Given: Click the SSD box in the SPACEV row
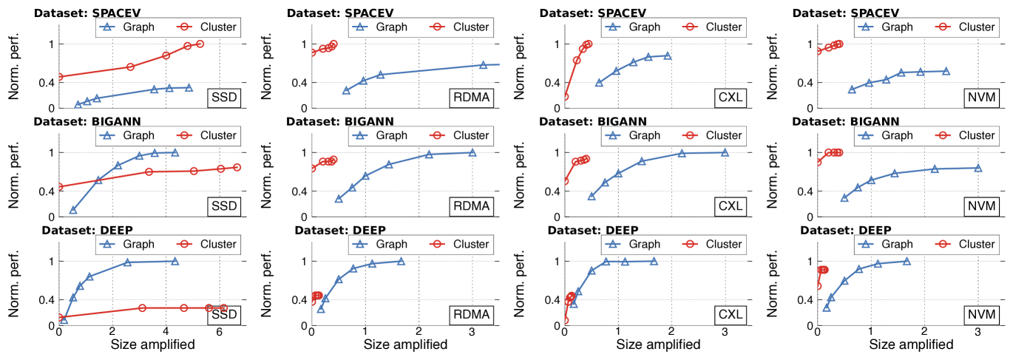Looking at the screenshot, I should (223, 98).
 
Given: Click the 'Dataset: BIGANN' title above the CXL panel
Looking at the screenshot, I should (593, 121).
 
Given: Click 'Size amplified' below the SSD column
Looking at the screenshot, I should (153, 344).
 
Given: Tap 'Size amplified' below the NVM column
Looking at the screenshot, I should (911, 344).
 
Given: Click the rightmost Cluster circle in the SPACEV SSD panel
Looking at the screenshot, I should (200, 44).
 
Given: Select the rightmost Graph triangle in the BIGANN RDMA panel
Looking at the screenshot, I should (472, 153).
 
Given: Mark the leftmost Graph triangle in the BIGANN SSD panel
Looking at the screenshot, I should (73, 211).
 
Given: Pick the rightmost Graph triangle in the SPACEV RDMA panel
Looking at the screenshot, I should (483, 65).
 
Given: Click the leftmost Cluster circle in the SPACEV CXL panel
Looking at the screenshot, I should (565, 97).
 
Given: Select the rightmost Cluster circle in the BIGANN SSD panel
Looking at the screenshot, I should (237, 167).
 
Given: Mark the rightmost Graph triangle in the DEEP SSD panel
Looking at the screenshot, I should (175, 261).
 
